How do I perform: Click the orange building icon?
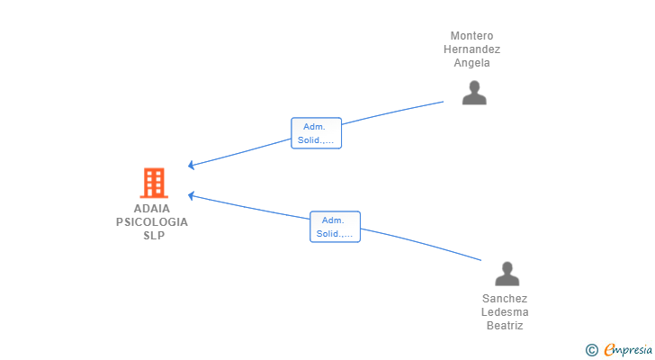coord(154,183)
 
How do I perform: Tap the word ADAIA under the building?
coord(152,208)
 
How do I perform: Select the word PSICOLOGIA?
coord(152,221)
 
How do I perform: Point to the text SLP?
coord(153,235)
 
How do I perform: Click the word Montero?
coord(471,36)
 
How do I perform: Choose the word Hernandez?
coord(471,49)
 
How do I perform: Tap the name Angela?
coord(471,63)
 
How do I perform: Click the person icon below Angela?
coord(474,93)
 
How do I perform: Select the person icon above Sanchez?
coord(507,274)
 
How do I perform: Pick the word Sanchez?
coord(505,299)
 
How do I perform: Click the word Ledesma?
coord(505,312)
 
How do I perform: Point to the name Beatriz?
coord(505,326)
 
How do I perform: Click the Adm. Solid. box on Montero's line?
coord(317,133)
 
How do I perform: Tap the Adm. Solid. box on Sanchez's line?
coord(335,227)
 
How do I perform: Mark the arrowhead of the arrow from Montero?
coord(191,166)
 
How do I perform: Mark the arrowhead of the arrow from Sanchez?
coord(191,194)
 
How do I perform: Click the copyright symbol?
coord(591,349)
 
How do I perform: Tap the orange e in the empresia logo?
coord(609,349)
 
